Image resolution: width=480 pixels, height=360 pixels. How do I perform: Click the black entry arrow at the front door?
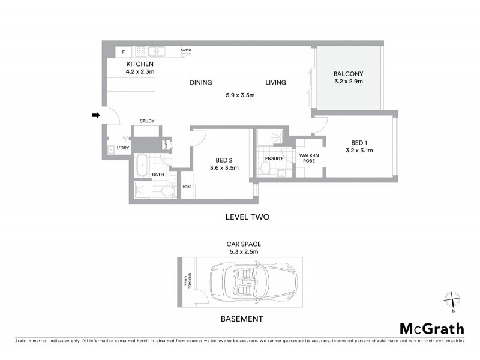[95, 115]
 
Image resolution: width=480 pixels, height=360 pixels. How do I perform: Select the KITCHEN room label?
[140, 64]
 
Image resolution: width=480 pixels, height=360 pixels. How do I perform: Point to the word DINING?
[201, 82]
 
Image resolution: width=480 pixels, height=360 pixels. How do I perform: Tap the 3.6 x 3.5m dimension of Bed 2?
[224, 168]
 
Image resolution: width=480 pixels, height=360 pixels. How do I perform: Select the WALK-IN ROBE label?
[308, 158]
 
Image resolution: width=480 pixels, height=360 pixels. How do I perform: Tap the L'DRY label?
[122, 148]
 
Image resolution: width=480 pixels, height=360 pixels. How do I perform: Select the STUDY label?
[147, 121]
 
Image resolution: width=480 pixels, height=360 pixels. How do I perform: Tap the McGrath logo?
[431, 328]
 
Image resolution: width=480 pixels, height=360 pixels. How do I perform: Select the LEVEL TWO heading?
[248, 217]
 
